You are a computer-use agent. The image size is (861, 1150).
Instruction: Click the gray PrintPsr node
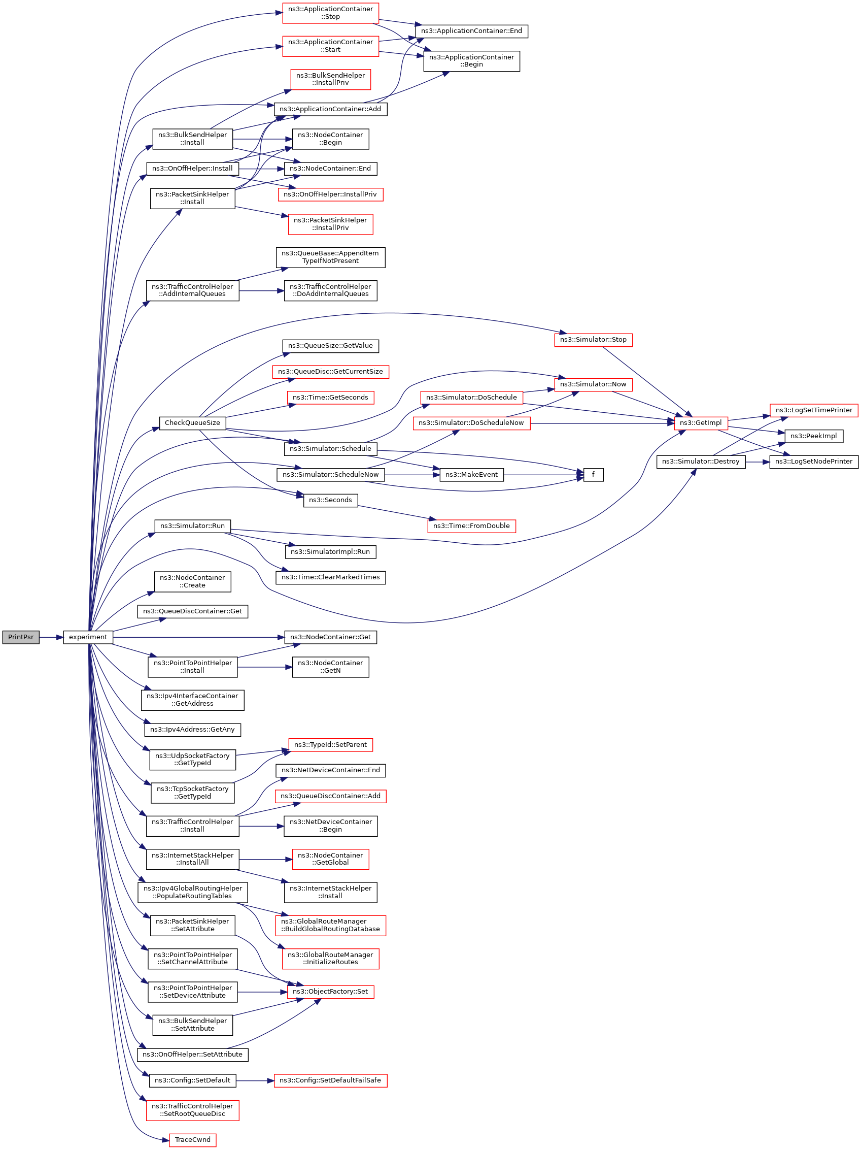point(21,637)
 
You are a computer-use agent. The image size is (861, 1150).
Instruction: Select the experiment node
point(88,637)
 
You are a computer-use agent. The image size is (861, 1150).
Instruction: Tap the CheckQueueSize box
point(192,422)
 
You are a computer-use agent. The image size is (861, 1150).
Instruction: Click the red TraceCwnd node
point(192,1140)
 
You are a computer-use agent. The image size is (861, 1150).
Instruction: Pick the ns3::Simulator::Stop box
point(593,340)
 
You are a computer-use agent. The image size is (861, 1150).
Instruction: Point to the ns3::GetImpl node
point(701,422)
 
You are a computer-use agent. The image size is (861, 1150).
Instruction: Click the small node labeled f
point(593,475)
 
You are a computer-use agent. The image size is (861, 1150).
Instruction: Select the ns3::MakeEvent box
point(471,475)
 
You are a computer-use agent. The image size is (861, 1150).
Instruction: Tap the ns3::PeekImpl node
point(813,436)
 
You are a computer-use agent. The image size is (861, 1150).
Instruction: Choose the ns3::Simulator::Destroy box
point(701,462)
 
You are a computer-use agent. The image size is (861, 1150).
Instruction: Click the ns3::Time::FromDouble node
point(471,525)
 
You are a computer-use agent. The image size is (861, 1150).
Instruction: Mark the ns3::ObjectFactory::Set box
point(330,992)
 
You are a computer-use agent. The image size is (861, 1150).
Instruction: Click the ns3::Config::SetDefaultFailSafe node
point(330,1080)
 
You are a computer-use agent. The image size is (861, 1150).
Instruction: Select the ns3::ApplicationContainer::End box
point(471,31)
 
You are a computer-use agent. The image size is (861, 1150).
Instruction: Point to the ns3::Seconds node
point(330,500)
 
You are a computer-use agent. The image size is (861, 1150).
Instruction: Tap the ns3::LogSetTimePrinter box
point(814,410)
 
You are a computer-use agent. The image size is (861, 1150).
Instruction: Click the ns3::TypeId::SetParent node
point(330,744)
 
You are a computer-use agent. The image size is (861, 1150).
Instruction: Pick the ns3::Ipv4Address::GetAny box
point(192,730)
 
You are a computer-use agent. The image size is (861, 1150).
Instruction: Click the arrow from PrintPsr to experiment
point(51,637)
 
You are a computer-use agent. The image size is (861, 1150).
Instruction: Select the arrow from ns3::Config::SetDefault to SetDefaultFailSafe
point(255,1080)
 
